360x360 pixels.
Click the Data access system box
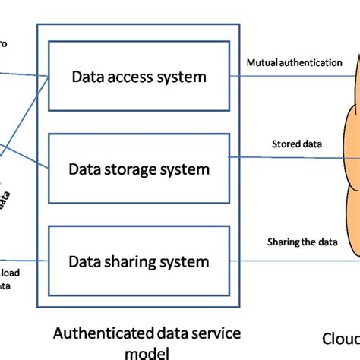pos(138,76)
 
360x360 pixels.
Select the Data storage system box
pos(138,169)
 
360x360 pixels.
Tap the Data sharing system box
pos(138,262)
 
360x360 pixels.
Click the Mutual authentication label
pos(295,62)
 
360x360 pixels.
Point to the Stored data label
pos(296,144)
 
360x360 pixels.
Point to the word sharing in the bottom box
pos(134,262)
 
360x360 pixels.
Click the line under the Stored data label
pos(296,158)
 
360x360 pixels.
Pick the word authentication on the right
pos(311,62)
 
